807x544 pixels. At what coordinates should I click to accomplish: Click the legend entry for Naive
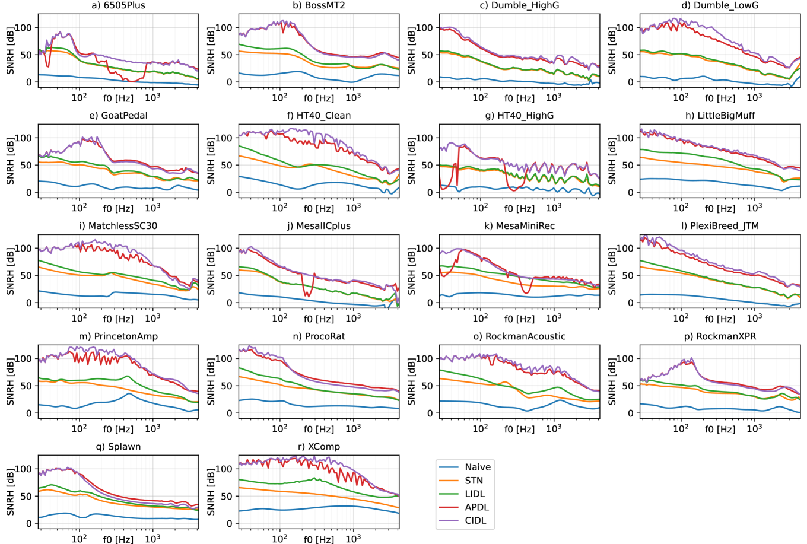tap(478, 467)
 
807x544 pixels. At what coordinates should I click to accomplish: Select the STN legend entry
tap(474, 481)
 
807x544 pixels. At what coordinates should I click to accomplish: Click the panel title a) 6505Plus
tap(119, 5)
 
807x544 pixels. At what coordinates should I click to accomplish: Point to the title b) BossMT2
tap(319, 5)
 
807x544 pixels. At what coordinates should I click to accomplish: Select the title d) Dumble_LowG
tap(720, 5)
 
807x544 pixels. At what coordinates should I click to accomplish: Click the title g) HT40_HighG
tap(520, 116)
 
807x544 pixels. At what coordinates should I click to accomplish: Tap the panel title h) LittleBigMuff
tap(720, 116)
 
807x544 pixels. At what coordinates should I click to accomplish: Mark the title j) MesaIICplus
tap(319, 226)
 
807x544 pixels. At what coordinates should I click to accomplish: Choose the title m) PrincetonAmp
tap(119, 336)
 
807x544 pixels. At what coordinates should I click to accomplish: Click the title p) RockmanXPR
tap(720, 336)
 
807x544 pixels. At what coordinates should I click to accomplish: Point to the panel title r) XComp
tap(319, 447)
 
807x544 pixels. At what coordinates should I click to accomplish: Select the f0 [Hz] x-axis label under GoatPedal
tap(118, 209)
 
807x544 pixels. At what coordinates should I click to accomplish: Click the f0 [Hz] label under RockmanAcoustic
tap(519, 430)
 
